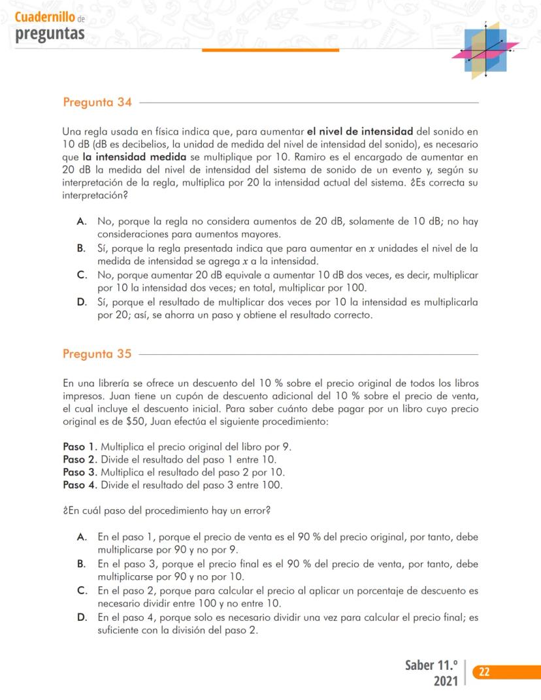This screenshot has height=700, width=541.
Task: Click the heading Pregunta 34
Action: point(97,103)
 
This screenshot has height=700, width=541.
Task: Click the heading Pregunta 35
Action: point(97,354)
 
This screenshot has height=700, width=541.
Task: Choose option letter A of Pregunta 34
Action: point(82,222)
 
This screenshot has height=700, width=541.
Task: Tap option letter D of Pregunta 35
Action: point(82,617)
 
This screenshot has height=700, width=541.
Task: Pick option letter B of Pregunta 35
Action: point(82,563)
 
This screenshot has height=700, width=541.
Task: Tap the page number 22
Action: point(485,672)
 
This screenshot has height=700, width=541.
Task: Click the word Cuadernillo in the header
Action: point(44,18)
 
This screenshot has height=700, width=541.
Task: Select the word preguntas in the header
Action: point(50,33)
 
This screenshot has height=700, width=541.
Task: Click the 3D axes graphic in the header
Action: point(486,50)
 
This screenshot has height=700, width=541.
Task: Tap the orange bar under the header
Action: point(270,50)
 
